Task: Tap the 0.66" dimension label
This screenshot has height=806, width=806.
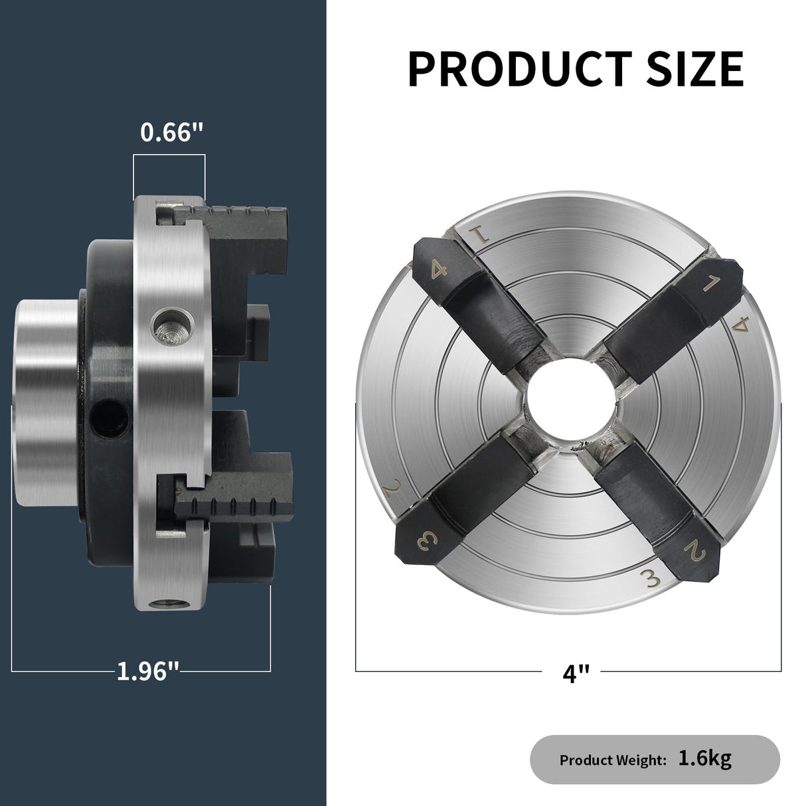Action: pos(171,133)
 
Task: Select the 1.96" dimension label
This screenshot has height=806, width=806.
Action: pos(147,671)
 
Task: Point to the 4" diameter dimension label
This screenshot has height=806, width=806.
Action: pos(576,673)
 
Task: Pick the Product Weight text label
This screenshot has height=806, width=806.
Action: pos(612,760)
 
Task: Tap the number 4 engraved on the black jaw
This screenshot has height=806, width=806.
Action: pos(438,270)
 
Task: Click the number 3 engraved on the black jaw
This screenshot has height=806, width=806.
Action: pos(425,542)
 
